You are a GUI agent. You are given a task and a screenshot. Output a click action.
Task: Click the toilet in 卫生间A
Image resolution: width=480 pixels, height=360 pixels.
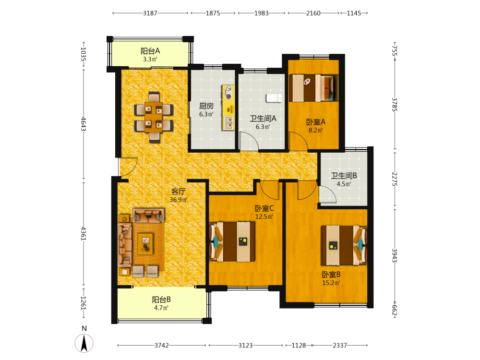(274, 98)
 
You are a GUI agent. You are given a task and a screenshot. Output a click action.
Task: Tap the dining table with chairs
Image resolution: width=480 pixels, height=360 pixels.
(154, 117)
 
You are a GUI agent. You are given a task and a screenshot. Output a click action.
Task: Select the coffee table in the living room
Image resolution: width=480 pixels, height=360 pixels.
(145, 244)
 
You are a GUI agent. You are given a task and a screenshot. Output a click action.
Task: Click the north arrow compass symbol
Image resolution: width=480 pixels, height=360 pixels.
(84, 343)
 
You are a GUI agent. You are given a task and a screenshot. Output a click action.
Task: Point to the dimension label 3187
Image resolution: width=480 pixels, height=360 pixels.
(150, 13)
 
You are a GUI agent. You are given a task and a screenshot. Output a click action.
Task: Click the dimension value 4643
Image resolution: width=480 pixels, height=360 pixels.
(83, 124)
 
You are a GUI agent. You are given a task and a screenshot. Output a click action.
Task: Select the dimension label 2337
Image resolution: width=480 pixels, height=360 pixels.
(340, 345)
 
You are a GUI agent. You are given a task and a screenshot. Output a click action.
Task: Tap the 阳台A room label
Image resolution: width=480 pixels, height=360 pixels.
(150, 51)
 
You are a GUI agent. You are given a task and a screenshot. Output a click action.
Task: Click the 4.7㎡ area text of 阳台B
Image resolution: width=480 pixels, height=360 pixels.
(161, 308)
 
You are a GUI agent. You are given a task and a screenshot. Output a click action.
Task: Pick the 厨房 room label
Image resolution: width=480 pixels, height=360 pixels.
(206, 106)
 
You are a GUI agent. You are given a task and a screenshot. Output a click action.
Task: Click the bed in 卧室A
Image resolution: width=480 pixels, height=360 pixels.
(313, 88)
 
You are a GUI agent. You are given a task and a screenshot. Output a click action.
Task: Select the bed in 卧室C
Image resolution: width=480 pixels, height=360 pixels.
(232, 241)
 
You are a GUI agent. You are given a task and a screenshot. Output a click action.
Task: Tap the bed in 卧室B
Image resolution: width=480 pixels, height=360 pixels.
(344, 245)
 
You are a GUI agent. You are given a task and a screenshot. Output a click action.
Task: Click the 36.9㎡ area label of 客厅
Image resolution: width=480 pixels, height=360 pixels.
(179, 200)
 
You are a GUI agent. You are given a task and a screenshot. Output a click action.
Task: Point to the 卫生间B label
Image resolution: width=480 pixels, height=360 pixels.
(344, 176)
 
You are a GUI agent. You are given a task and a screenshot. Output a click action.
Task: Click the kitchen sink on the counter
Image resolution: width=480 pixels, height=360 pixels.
(228, 123)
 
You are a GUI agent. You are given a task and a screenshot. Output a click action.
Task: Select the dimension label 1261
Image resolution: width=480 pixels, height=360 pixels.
(83, 303)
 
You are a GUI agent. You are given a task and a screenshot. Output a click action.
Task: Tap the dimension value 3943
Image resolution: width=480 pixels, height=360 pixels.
(395, 255)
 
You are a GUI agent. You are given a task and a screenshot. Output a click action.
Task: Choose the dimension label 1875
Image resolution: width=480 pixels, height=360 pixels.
(213, 13)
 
